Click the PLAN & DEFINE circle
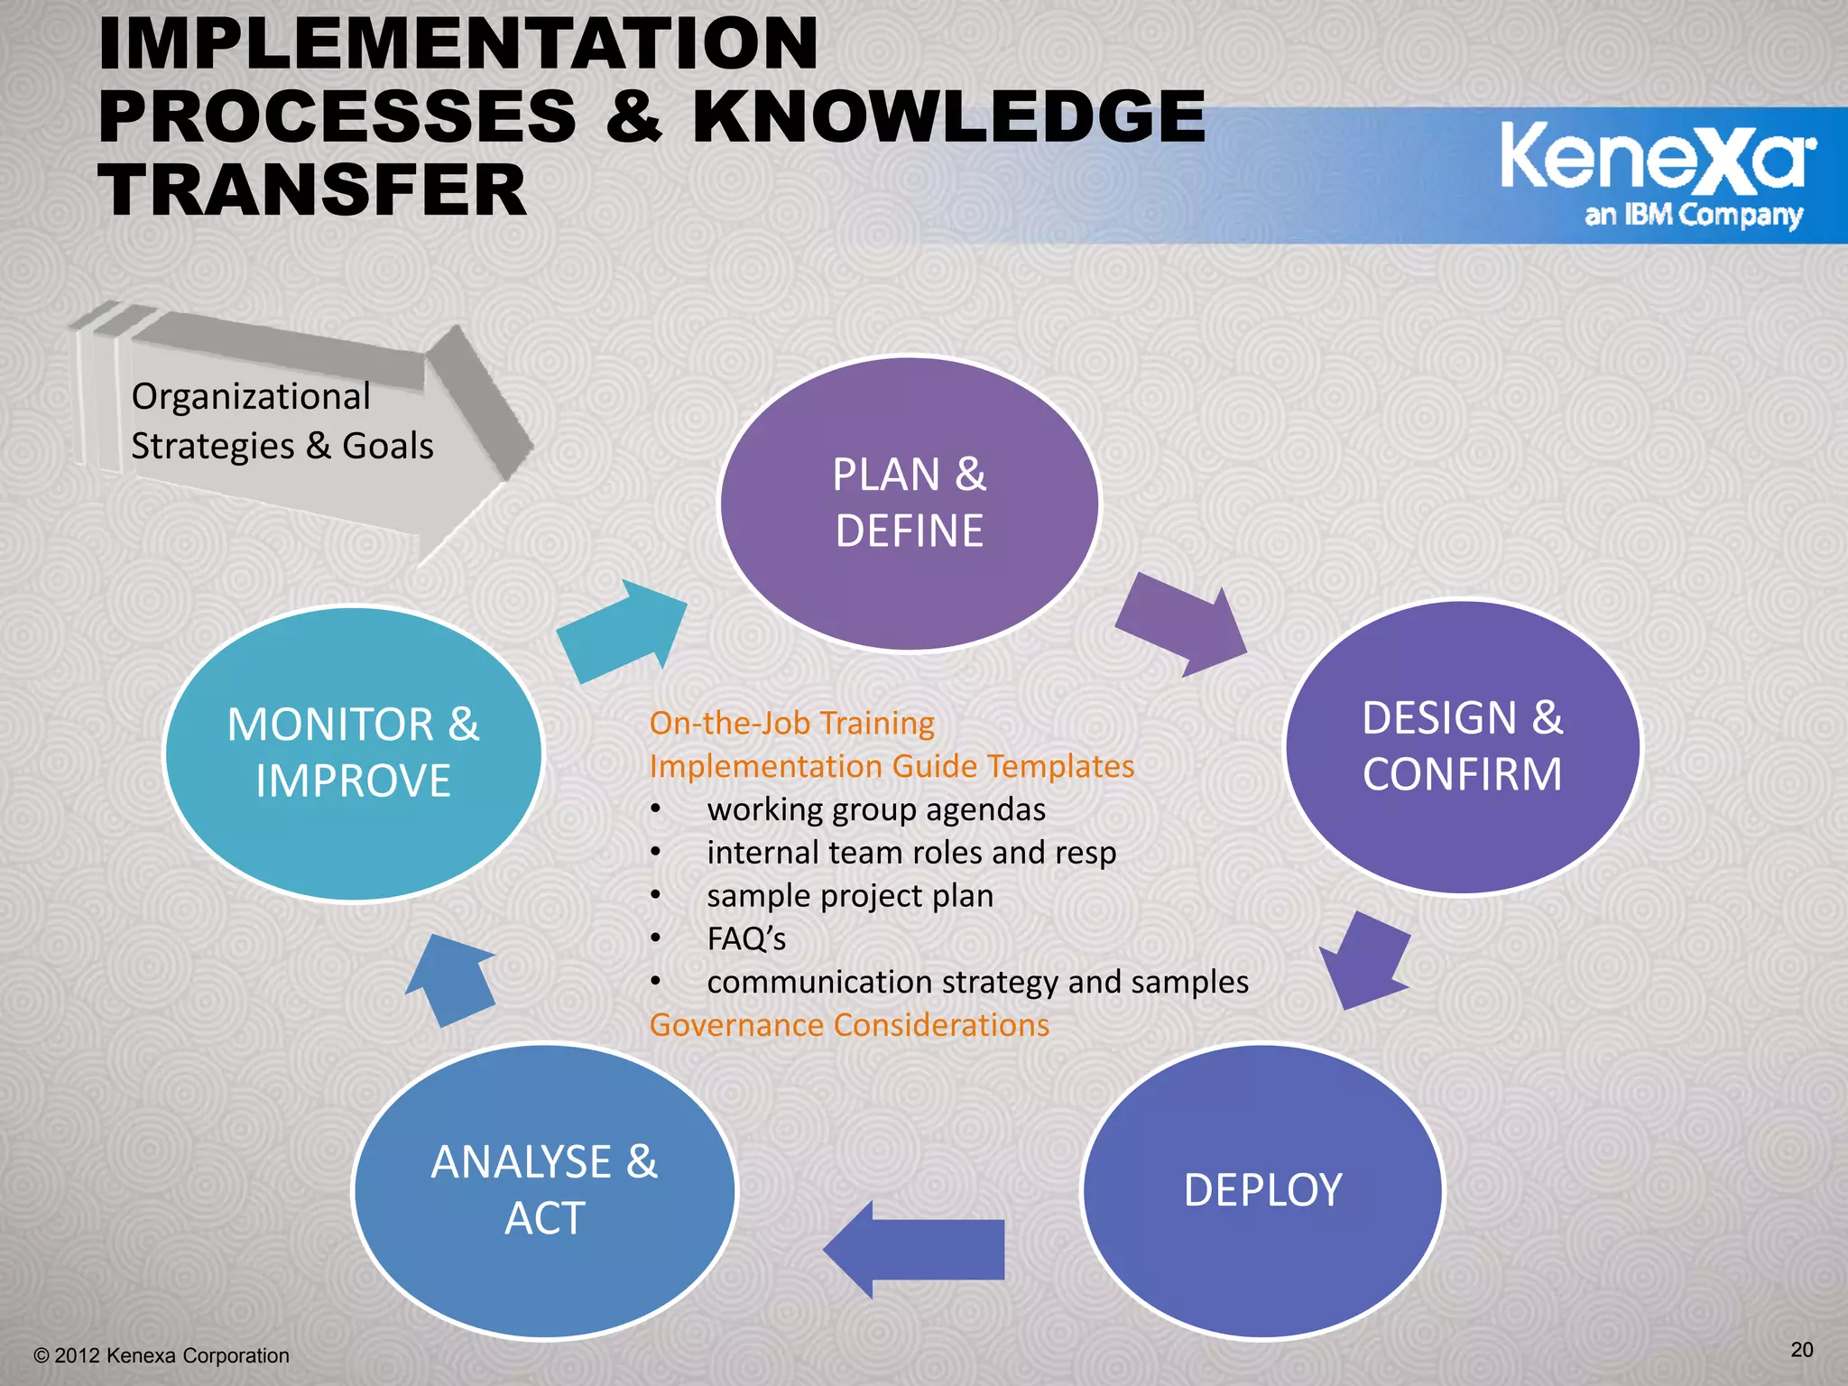tap(910, 503)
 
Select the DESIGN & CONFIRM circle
tap(1463, 746)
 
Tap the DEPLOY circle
tap(1263, 1190)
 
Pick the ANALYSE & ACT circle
tap(545, 1190)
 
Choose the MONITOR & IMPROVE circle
tap(354, 753)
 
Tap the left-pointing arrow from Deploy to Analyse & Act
tap(913, 1249)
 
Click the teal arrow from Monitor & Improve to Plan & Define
tap(623, 632)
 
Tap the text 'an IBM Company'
tap(1694, 215)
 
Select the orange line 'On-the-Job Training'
tap(791, 723)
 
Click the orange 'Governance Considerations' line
tap(849, 1025)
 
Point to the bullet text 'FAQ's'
tap(746, 938)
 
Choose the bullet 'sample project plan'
tap(850, 895)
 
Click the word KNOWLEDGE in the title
tap(948, 116)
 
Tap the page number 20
tap(1801, 1349)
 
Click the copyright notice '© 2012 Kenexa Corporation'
tap(162, 1355)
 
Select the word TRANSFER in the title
tap(312, 190)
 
